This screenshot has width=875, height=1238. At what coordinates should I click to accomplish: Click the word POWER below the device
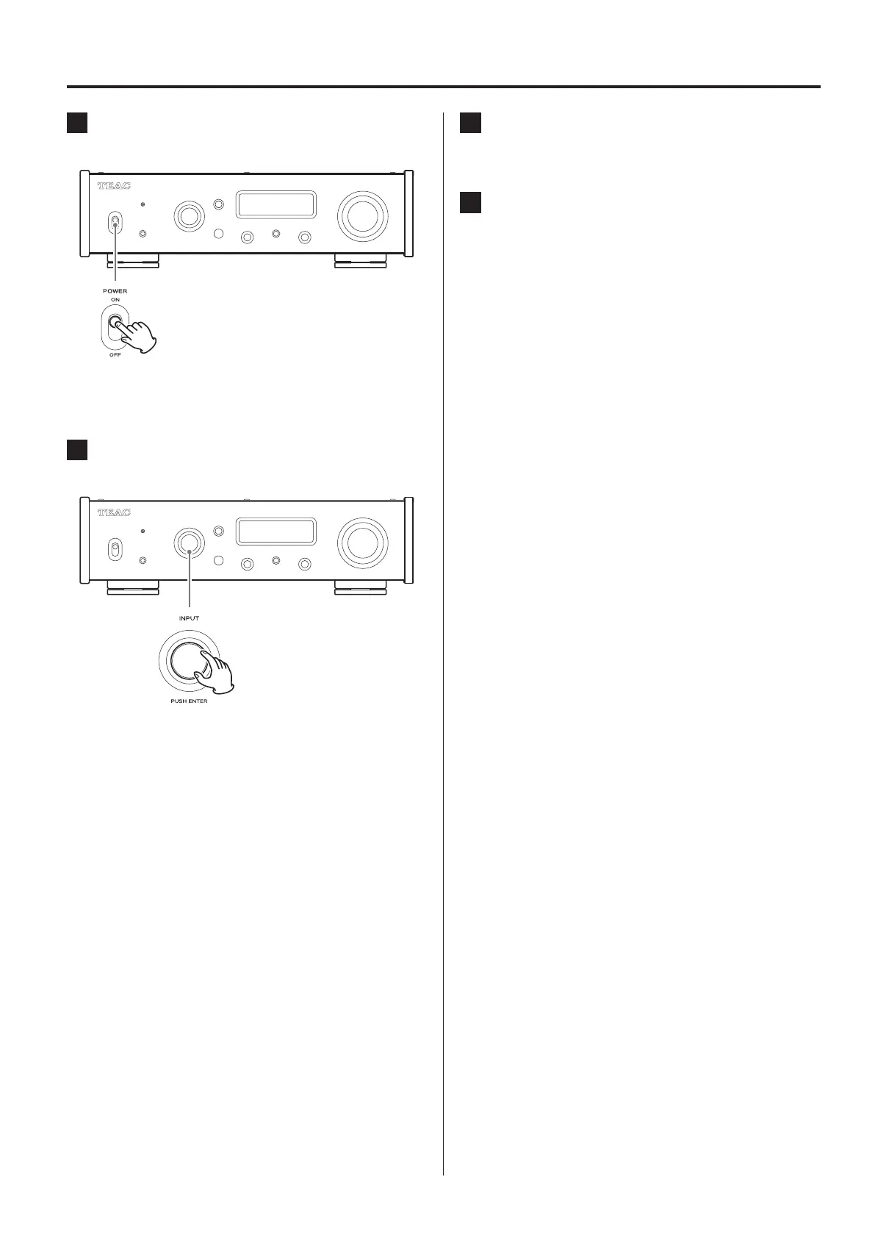[x=115, y=291]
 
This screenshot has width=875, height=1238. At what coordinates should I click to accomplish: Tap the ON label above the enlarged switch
[x=115, y=300]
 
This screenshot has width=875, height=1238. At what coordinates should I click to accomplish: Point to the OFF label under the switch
[x=115, y=355]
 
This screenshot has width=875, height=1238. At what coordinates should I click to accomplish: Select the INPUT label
[x=189, y=618]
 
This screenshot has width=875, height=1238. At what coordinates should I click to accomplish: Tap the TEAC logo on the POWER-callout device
[x=114, y=186]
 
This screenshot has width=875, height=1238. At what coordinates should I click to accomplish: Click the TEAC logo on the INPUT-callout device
[x=114, y=512]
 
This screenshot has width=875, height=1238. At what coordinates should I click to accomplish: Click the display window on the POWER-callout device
[x=276, y=206]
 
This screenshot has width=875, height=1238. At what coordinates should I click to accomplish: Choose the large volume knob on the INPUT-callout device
[x=361, y=543]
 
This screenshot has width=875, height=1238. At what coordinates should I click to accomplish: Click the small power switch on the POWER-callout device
[x=115, y=223]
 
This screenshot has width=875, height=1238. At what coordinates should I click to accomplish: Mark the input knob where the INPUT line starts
[x=189, y=543]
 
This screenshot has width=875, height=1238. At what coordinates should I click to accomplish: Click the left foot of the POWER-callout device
[x=133, y=260]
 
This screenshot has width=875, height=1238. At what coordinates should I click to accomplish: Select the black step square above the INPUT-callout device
[x=77, y=450]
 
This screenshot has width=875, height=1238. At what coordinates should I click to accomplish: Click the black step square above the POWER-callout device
[x=77, y=123]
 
